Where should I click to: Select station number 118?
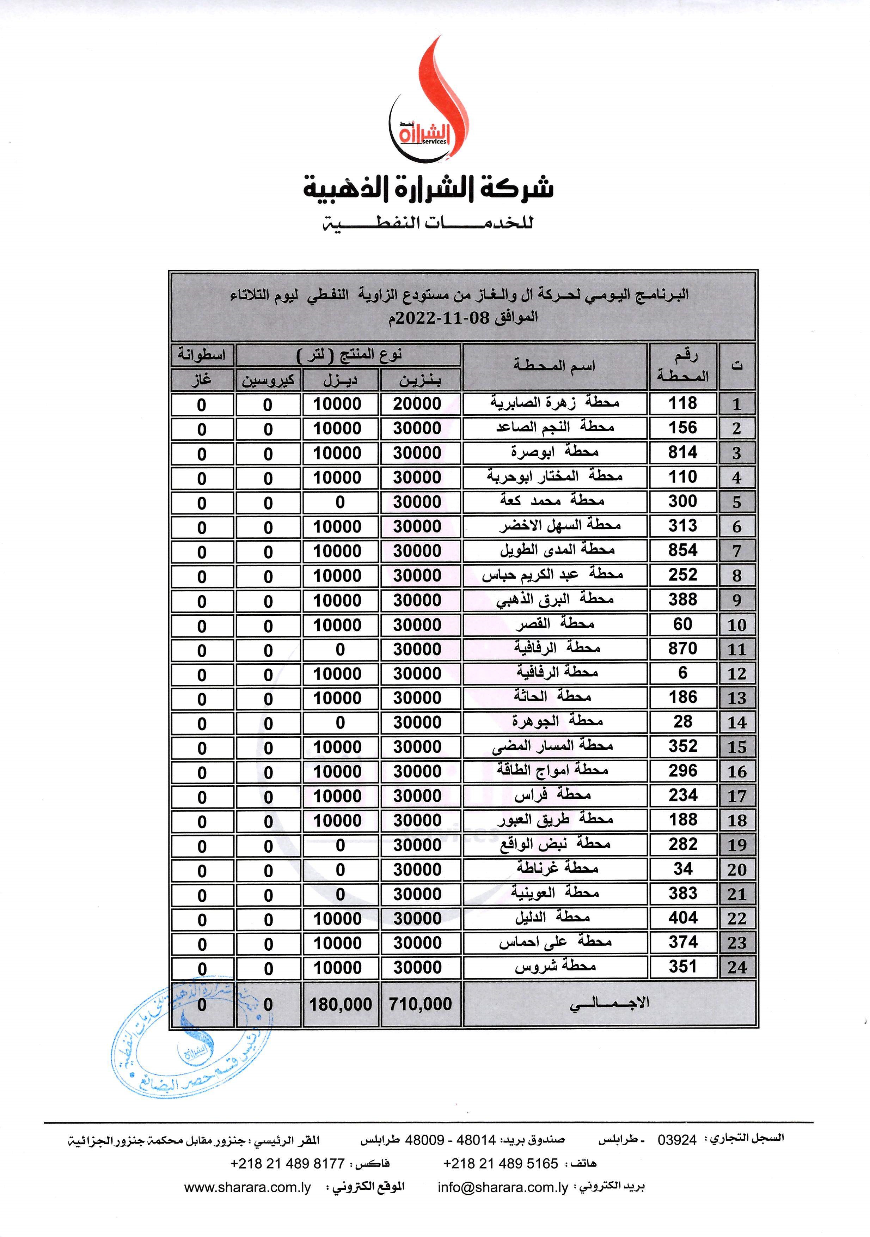682,403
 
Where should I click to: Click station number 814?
682,452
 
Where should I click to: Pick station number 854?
682,550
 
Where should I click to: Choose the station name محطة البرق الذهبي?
555,600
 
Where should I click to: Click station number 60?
682,624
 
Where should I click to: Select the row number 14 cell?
736,723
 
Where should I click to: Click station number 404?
682,918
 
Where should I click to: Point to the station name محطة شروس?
555,967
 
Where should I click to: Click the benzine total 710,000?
420,1004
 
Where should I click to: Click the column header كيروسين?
268,380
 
